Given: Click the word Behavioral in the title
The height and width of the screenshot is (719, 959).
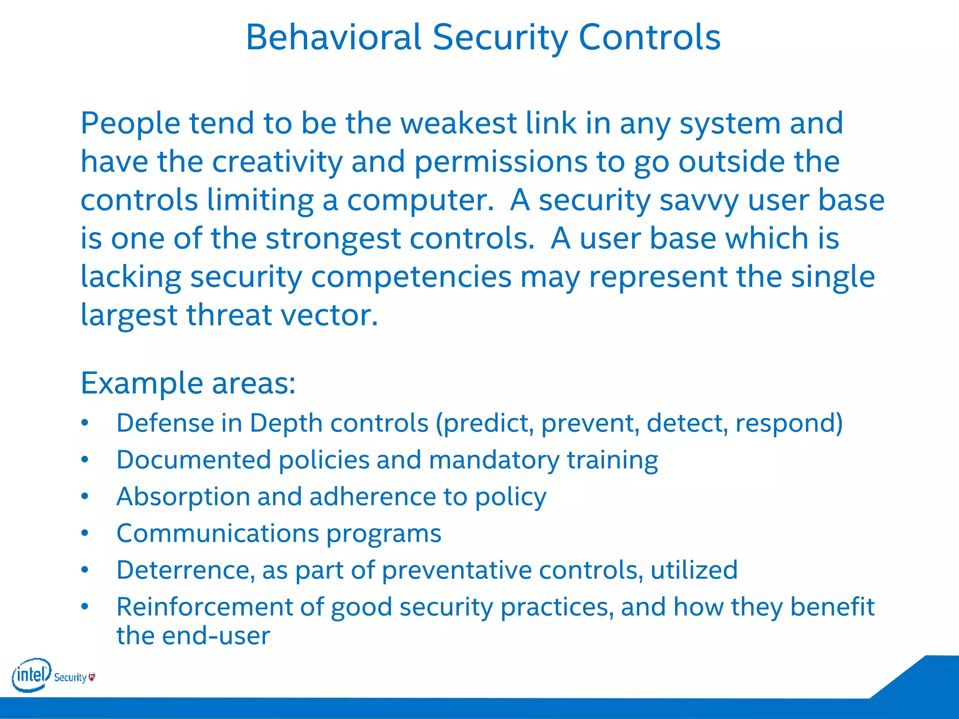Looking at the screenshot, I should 333,37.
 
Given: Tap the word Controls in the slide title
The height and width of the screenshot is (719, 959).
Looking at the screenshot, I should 649,37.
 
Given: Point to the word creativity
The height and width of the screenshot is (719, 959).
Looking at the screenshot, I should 278,161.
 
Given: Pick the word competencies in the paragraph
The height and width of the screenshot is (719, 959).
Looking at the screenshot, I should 411,277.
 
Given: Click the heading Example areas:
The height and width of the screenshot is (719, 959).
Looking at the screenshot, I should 188,383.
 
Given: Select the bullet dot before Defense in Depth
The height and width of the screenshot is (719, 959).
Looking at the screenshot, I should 84,423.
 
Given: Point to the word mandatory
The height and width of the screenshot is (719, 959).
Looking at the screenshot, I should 494,460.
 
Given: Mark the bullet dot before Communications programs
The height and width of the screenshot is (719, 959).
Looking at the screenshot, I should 84,533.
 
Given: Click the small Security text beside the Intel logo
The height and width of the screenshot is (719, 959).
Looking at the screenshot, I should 70,677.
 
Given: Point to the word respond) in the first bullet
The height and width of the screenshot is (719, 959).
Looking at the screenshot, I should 789,423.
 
